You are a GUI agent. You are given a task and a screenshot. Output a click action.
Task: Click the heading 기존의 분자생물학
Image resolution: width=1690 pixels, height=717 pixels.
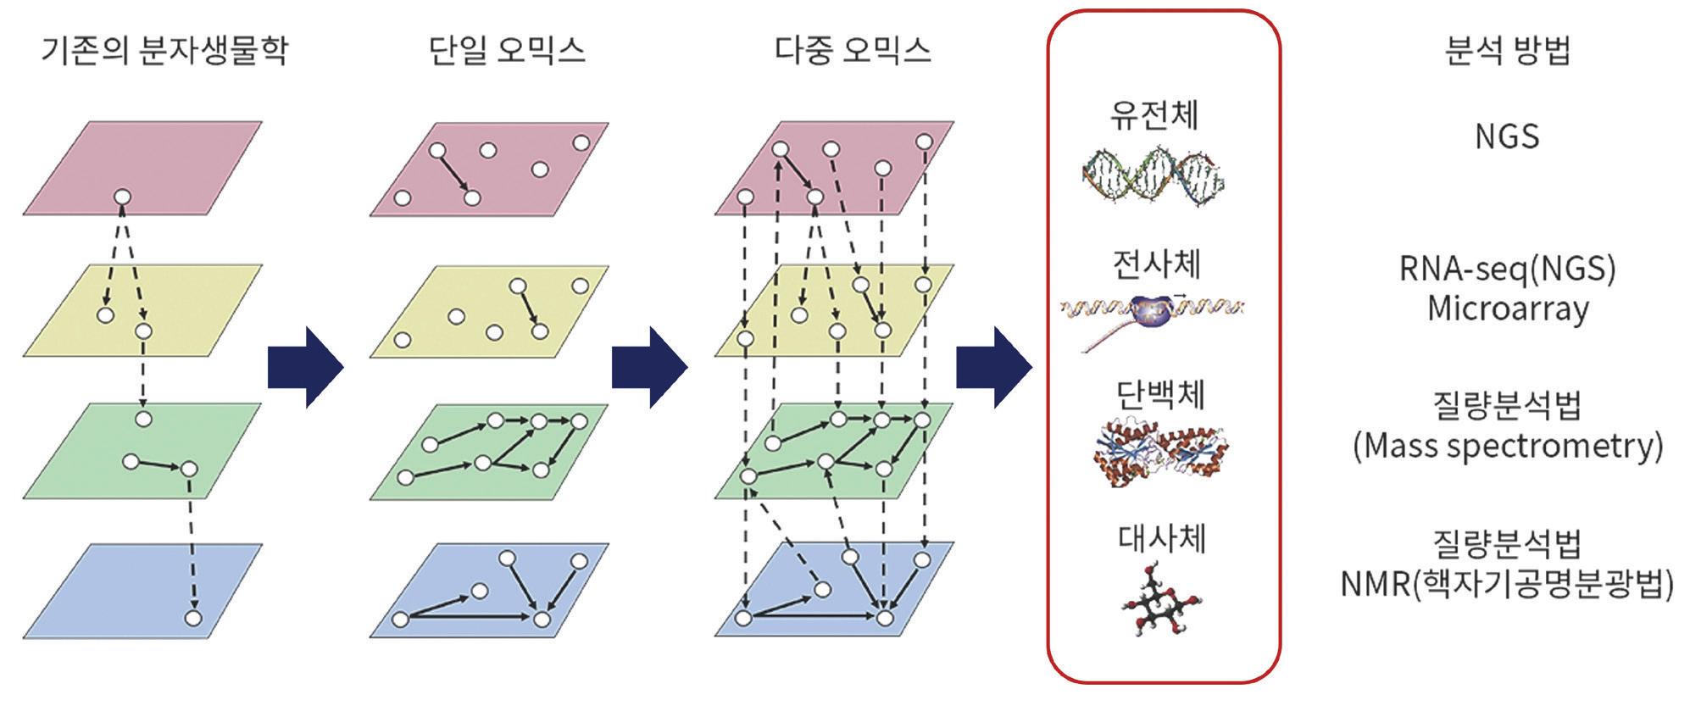(x=164, y=50)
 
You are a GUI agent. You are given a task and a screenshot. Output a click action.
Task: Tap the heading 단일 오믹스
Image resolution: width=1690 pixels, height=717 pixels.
(x=507, y=50)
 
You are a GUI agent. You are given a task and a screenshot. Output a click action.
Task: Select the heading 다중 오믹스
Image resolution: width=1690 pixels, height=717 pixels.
(x=853, y=50)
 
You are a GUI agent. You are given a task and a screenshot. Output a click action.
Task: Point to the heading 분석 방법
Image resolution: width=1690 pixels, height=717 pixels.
(x=1507, y=50)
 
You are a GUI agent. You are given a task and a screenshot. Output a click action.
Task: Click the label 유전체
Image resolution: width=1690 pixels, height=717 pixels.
(x=1154, y=114)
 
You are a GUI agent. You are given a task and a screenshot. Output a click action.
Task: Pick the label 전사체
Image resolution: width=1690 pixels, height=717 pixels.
(x=1156, y=264)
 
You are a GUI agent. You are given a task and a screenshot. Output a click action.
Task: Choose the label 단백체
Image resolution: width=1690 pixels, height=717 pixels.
(x=1159, y=394)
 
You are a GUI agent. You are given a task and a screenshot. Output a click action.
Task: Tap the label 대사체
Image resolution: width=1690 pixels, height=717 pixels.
(x=1161, y=538)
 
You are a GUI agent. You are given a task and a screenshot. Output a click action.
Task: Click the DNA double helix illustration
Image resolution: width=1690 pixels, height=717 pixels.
(x=1154, y=176)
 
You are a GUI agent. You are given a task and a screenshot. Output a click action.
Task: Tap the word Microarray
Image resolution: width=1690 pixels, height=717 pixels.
(x=1507, y=308)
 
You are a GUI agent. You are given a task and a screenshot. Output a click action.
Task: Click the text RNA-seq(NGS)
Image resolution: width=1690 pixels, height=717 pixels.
(x=1507, y=269)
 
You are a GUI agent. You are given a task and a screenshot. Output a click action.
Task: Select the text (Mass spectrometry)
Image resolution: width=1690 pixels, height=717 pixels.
(x=1507, y=446)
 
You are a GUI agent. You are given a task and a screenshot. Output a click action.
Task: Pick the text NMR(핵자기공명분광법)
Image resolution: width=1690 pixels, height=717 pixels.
(x=1507, y=584)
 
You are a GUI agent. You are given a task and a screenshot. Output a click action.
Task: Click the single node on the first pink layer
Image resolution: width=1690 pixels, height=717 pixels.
(x=122, y=198)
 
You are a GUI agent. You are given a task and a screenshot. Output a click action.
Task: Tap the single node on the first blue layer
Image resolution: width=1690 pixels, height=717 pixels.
(x=193, y=618)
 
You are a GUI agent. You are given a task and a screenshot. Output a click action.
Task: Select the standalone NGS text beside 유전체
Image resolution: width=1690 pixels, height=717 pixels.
(x=1507, y=136)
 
